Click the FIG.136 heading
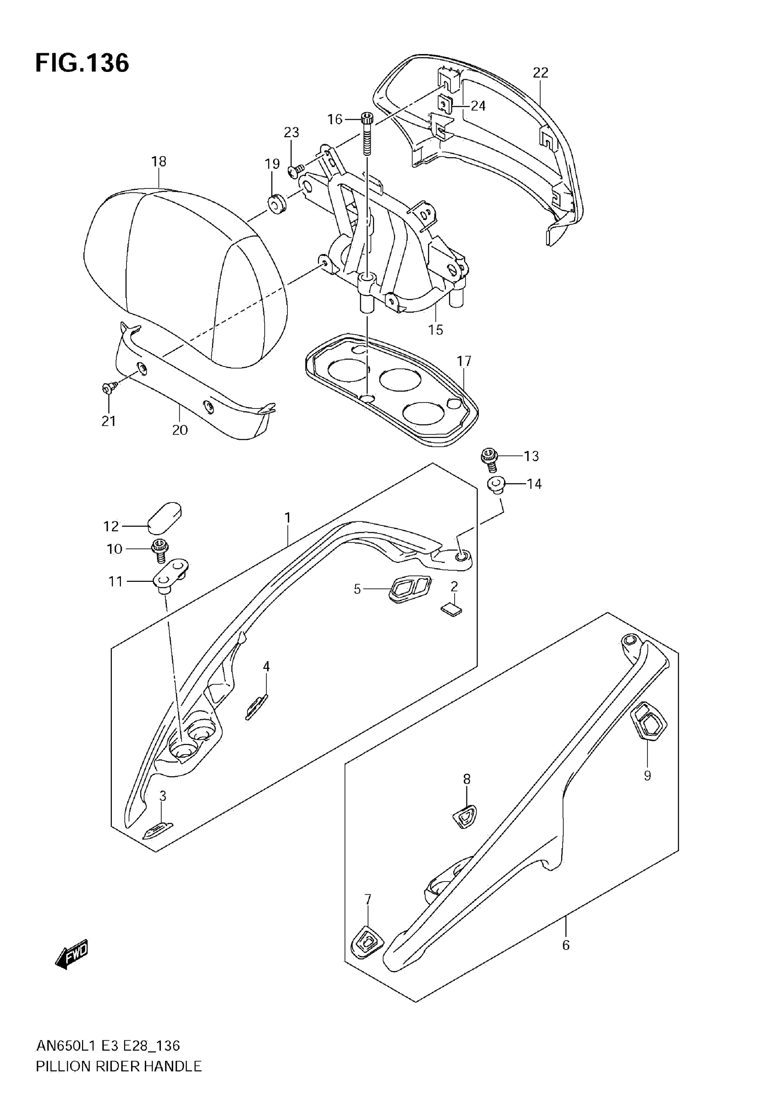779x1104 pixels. pos(82,63)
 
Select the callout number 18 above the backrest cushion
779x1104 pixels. pos(159,161)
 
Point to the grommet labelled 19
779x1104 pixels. pos(276,205)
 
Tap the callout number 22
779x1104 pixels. pos(541,72)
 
